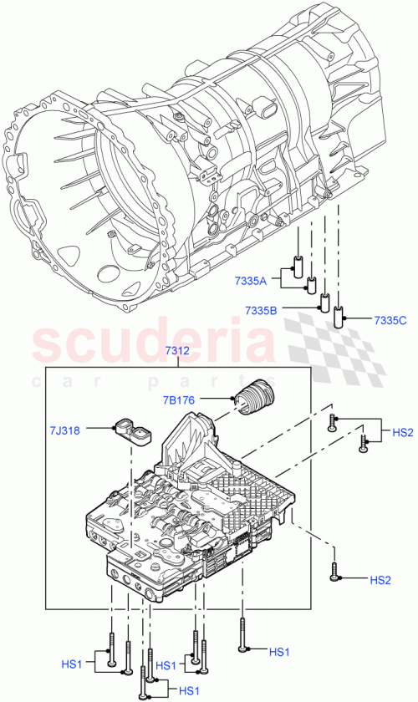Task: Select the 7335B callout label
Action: pyautogui.click(x=262, y=310)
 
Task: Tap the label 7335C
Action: pyautogui.click(x=390, y=320)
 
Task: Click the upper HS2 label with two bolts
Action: pyautogui.click(x=403, y=432)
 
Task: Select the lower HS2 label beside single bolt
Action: pyautogui.click(x=380, y=579)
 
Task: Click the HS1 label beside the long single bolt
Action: pyautogui.click(x=279, y=651)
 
